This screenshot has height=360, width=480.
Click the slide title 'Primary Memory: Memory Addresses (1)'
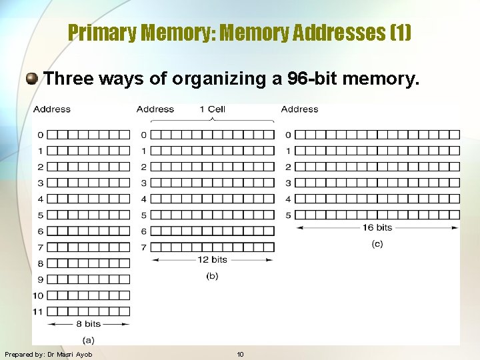(240, 32)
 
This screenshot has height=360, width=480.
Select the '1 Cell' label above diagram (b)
(212, 109)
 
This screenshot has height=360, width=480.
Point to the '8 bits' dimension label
(88, 324)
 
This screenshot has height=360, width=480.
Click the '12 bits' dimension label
(212, 259)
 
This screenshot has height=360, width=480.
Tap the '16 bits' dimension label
(377, 227)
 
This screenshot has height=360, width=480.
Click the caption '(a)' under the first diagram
(88, 339)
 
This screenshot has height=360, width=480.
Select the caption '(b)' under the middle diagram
(212, 275)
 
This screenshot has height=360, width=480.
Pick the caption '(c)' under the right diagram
(377, 243)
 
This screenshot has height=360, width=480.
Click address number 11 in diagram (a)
(38, 311)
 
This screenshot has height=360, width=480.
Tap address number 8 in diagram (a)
(40, 263)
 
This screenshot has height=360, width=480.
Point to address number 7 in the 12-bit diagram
(143, 247)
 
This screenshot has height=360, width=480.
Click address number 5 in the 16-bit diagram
(288, 215)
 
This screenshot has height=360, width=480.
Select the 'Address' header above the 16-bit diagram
(299, 109)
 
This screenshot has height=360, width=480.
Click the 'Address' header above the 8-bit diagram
(52, 109)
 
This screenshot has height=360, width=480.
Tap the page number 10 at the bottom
(240, 355)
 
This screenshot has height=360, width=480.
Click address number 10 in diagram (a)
(38, 295)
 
